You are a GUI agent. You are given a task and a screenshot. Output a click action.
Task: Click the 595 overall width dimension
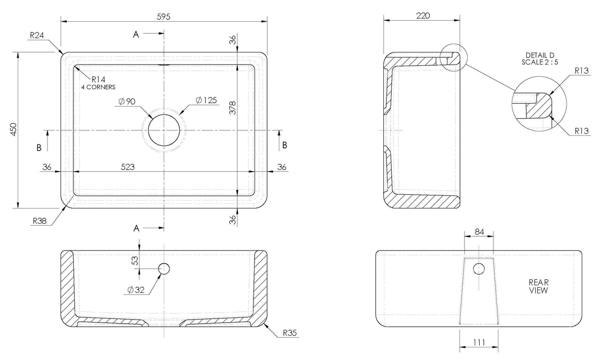coord(164,17)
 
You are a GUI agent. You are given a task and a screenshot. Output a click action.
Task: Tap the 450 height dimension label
coord(14,129)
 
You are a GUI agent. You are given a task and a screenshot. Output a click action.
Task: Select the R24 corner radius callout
coord(37,35)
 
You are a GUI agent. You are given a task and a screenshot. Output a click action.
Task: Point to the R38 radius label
coord(40,221)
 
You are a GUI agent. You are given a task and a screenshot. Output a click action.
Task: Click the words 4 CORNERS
coord(98,87)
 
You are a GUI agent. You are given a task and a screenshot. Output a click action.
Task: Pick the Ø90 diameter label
coord(127,101)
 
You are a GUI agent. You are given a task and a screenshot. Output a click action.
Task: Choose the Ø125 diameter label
coord(207,100)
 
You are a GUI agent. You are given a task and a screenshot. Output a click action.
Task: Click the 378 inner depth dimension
coord(233,108)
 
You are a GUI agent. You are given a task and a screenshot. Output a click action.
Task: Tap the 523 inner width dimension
coord(128,167)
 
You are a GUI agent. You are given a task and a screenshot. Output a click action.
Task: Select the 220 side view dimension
coord(423,16)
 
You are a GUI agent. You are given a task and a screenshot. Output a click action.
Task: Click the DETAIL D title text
coord(540,55)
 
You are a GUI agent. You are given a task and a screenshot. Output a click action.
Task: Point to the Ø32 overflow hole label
coord(136,290)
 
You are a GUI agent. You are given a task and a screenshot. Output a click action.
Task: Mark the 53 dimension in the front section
coord(135,260)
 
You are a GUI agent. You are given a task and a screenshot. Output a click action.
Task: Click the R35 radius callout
coord(290,333)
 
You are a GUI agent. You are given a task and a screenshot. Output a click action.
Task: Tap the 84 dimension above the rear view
coord(479,232)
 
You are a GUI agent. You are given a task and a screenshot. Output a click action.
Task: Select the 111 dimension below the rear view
coord(479,343)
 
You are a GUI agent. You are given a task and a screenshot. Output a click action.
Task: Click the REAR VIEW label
coord(539,286)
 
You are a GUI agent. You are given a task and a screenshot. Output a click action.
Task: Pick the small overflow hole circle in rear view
coord(479,269)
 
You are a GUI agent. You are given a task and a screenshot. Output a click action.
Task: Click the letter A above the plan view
coord(136,34)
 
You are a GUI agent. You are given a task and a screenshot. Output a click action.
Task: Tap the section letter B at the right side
coord(285,145)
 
